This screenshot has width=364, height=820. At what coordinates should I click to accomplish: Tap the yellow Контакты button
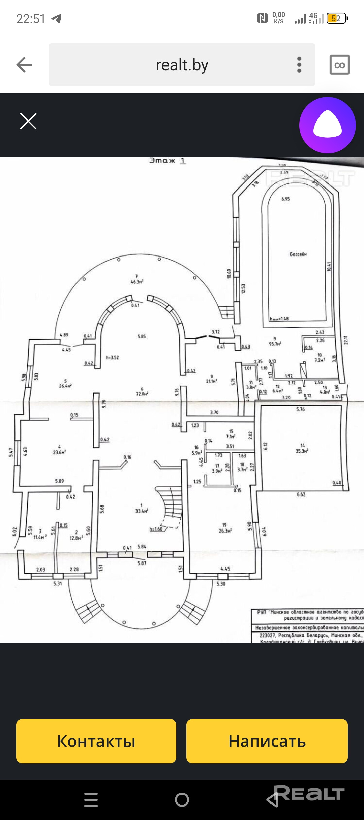point(96,741)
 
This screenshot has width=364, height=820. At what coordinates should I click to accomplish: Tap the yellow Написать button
point(267,741)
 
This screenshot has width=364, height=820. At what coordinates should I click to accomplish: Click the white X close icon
point(28,121)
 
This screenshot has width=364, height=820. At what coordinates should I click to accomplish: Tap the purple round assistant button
point(327,125)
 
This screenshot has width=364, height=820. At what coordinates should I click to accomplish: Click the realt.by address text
point(182,65)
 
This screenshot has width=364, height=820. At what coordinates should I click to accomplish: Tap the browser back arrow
point(25,65)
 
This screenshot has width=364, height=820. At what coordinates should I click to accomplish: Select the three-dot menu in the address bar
point(299,65)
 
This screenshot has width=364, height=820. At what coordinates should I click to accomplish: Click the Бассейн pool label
point(298,254)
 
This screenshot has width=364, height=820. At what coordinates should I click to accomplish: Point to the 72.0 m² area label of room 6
point(142,394)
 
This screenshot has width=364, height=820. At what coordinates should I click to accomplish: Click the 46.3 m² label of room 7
point(137,282)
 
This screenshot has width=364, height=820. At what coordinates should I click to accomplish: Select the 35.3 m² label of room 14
point(302,451)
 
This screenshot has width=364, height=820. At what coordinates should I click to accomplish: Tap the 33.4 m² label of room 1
point(142,511)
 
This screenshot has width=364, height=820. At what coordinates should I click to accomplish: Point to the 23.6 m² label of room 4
point(59,452)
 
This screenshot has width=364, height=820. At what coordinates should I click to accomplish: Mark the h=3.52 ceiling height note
point(112,357)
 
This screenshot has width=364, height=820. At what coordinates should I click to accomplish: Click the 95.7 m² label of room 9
point(275,344)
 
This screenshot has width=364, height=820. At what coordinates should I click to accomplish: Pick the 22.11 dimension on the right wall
point(345,340)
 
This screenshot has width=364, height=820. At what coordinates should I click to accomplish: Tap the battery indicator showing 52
point(336,18)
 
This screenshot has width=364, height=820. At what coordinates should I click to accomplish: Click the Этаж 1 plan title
point(168,161)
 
